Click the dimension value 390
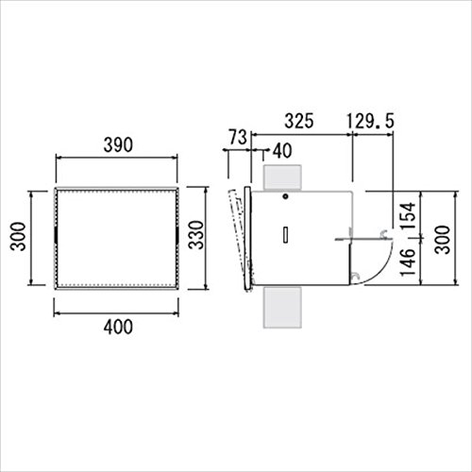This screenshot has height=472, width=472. click(x=118, y=145)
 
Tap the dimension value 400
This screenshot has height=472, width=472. click(x=118, y=327)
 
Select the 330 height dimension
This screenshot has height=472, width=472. click(x=196, y=235)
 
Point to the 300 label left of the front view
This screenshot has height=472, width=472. click(x=17, y=236)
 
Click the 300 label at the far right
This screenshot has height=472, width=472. click(x=443, y=240)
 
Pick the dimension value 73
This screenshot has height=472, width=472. click(x=238, y=137)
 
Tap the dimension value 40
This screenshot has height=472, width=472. click(x=282, y=151)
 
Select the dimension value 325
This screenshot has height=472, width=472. click(x=299, y=121)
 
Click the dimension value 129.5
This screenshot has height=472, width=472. click(x=371, y=121)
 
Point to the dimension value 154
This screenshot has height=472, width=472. click(x=409, y=216)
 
